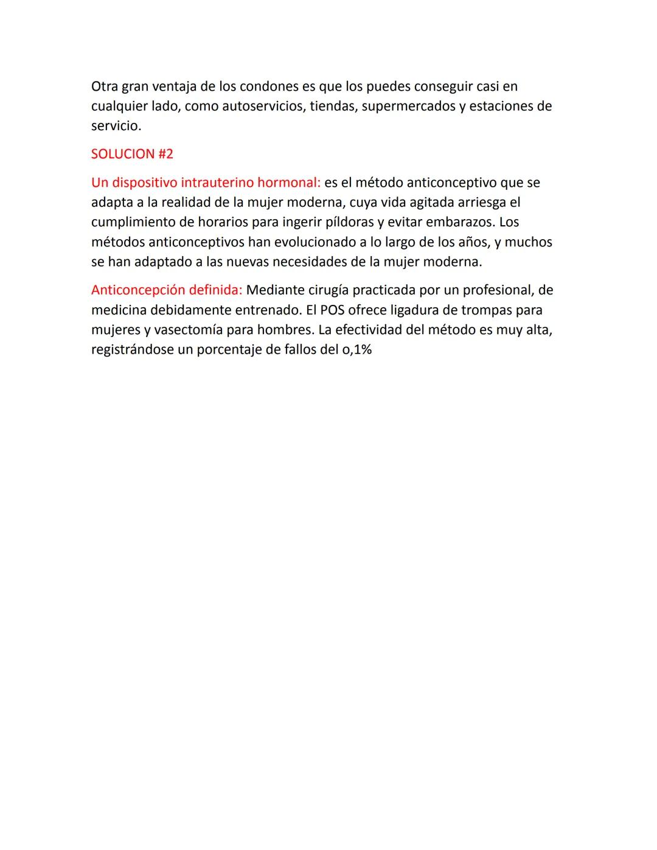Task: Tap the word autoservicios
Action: (263, 106)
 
